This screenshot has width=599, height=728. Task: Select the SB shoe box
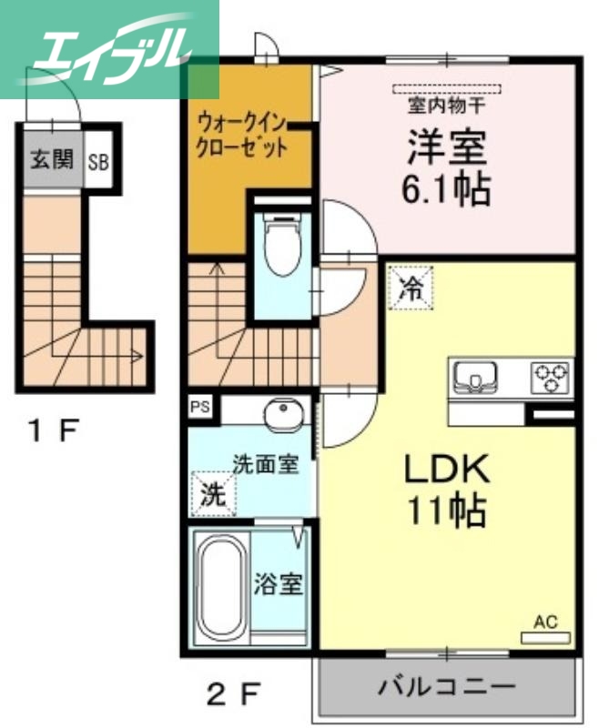point(98,164)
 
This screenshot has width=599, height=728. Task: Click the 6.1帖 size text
point(446,190)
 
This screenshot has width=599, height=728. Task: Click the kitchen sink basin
point(473,376)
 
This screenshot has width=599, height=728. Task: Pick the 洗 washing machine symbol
point(212,494)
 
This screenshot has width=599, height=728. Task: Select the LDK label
point(447,469)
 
